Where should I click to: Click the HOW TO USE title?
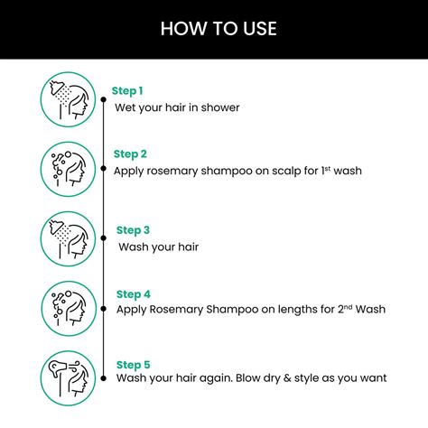(219, 29)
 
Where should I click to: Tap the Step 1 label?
(127, 90)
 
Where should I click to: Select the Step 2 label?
(130, 154)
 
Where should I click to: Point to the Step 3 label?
(133, 230)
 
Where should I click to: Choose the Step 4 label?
(133, 293)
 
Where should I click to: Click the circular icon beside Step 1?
(69, 98)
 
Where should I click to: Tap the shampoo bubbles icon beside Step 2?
(69, 168)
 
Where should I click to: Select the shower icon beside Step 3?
(69, 237)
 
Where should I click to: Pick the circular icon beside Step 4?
(69, 308)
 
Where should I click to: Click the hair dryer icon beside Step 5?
(69, 377)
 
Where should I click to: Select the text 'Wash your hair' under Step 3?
(158, 247)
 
